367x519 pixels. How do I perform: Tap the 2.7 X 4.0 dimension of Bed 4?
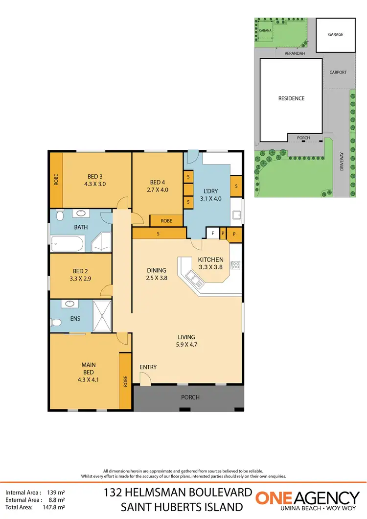coord(157,189)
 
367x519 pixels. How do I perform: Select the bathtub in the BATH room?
coord(68,243)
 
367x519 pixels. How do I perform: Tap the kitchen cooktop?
coord(235,265)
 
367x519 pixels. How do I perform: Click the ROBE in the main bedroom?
coord(125,380)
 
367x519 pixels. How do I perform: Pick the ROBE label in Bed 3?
coord(56,180)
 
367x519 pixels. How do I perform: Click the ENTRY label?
coord(148,367)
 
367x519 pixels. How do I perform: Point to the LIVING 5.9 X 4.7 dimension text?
coord(186,344)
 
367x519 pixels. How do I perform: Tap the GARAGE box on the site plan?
coord(336,35)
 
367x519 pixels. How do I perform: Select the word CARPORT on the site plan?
coord(338,72)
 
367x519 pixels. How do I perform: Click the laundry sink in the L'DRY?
coord(236,214)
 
